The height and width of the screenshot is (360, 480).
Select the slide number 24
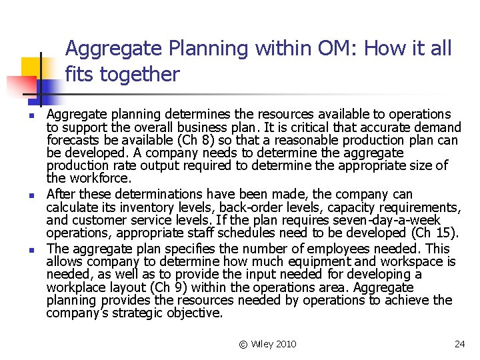459,344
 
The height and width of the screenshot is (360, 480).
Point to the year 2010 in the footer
286,344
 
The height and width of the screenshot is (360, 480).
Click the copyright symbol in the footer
243,344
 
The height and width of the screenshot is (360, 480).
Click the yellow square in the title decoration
31,67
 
